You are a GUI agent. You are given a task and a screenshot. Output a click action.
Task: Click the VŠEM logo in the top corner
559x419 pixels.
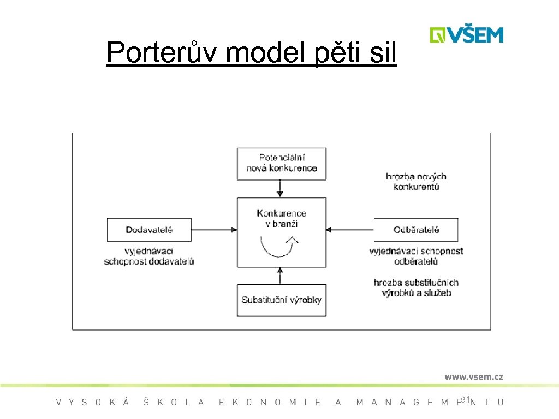[466, 34]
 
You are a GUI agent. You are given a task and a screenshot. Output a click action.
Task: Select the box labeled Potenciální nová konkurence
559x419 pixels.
[282, 163]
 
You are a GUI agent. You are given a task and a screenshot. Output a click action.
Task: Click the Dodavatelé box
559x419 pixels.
[149, 230]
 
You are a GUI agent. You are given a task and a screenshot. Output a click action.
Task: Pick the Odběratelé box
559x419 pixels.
[416, 230]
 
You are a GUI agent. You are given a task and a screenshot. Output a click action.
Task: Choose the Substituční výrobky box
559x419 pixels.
[282, 300]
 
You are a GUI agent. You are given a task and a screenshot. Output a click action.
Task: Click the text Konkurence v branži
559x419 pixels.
[282, 218]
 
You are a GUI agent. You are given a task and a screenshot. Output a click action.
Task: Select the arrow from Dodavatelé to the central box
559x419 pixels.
[214, 230]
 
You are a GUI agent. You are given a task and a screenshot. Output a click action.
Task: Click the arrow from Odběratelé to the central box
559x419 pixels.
[349, 230]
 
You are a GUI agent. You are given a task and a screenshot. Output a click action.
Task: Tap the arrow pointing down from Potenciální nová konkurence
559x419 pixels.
[280, 188]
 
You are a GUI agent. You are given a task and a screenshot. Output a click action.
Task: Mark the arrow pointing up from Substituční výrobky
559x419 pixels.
[280, 276]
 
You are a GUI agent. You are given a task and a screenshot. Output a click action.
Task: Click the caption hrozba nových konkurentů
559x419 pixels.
[416, 182]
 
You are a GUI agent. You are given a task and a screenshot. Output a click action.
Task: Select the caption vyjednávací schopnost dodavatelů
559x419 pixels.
[149, 256]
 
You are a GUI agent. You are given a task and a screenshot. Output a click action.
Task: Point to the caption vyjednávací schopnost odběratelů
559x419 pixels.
[416, 256]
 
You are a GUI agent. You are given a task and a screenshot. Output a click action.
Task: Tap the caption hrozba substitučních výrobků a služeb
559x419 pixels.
[416, 288]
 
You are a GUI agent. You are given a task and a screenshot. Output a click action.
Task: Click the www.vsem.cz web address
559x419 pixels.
[473, 376]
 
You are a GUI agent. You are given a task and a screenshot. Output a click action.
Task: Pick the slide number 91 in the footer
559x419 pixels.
[465, 401]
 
